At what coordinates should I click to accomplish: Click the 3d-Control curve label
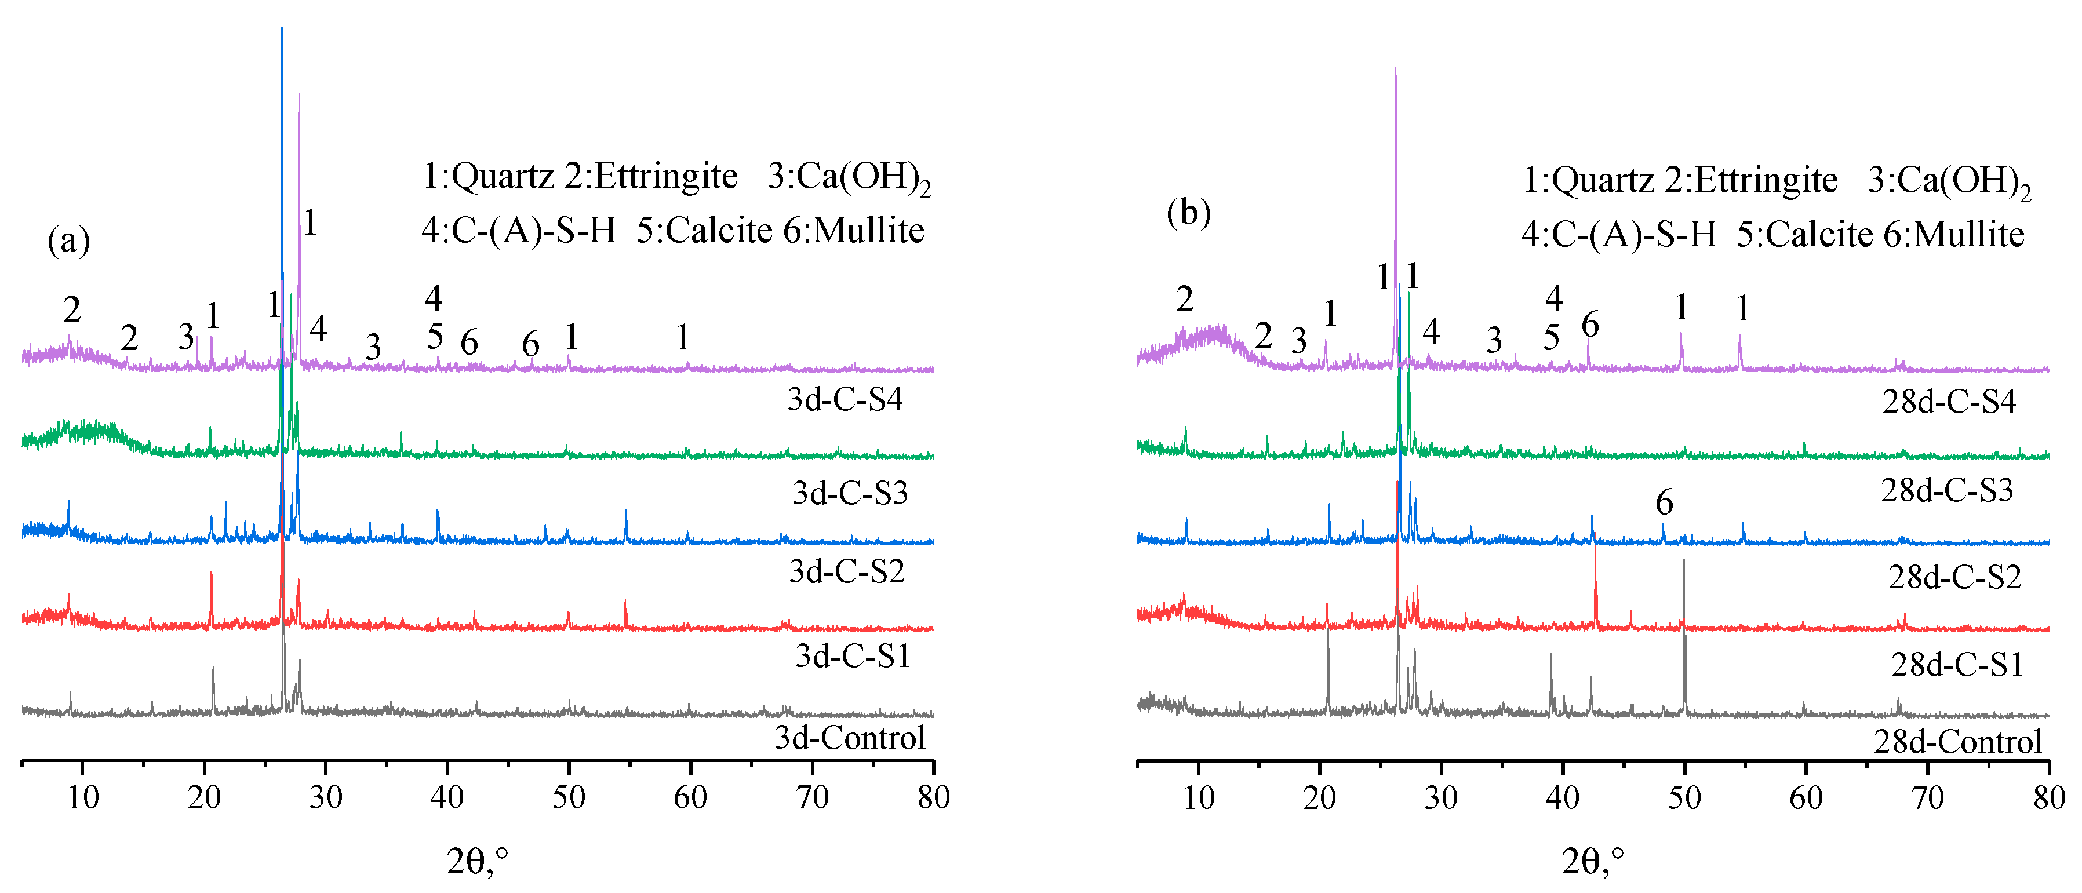[x=850, y=738]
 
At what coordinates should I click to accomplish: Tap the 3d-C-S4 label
[x=845, y=399]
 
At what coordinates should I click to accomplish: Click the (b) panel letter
[x=1188, y=213]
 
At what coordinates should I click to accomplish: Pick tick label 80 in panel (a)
[x=934, y=797]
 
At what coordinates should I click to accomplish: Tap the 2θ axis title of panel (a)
[x=477, y=862]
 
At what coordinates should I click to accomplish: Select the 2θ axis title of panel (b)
[x=1592, y=862]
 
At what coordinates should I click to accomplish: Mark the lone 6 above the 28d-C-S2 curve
[x=1664, y=502]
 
